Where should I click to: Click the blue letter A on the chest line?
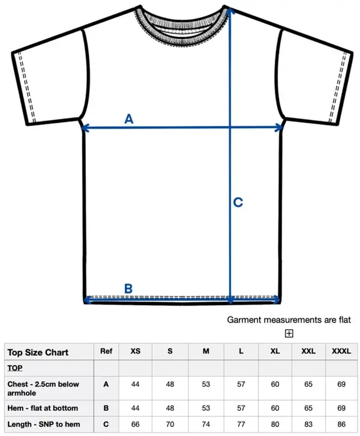point(128,119)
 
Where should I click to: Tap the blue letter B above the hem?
point(128,288)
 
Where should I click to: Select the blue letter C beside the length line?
point(238,203)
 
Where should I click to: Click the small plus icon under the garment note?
point(289,333)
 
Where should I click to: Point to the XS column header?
point(136,351)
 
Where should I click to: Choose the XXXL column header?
point(341,351)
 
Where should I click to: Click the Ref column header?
point(106,351)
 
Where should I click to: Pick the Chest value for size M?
point(206,384)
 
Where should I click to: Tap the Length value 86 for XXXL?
point(341,425)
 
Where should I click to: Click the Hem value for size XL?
point(275,408)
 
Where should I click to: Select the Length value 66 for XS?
point(136,425)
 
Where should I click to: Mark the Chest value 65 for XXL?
point(308,384)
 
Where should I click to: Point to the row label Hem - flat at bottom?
point(43,408)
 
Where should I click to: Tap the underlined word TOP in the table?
point(15,368)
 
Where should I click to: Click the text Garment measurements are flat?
point(289,320)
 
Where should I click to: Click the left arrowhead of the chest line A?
point(83,127)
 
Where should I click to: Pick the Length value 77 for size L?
point(241,425)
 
